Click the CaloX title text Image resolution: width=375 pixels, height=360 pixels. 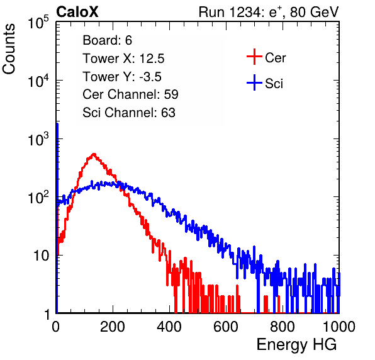pyautogui.click(x=77, y=12)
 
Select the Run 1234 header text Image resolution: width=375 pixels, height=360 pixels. pyautogui.click(x=269, y=12)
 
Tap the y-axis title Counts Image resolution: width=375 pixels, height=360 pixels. pyautogui.click(x=9, y=49)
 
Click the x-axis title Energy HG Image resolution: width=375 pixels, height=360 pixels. pyautogui.click(x=296, y=345)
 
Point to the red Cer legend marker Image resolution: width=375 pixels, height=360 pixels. pyautogui.click(x=254, y=57)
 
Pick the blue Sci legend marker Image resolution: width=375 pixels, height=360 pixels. pyautogui.click(x=254, y=83)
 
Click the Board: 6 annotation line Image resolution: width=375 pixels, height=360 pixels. pyautogui.click(x=107, y=40)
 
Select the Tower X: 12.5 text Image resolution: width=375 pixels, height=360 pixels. pyautogui.click(x=123, y=59)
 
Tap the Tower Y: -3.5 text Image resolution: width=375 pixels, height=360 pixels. pyautogui.click(x=122, y=77)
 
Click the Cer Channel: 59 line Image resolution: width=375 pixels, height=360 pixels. pyautogui.click(x=130, y=94)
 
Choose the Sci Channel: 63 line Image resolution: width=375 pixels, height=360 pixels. pyautogui.click(x=129, y=113)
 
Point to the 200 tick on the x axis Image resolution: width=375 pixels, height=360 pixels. pyautogui.click(x=113, y=327)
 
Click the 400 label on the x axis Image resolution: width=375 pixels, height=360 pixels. pyautogui.click(x=169, y=327)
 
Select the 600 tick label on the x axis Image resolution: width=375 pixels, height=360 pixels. pyautogui.click(x=226, y=327)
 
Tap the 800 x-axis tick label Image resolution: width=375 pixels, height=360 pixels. pyautogui.click(x=283, y=327)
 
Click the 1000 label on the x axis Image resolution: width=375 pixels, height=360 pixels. pyautogui.click(x=339, y=327)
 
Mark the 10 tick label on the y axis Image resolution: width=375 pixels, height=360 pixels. pyautogui.click(x=42, y=256)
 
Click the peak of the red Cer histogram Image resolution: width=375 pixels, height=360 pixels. pyautogui.click(x=94, y=154)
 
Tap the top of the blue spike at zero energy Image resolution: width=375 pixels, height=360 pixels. pyautogui.click(x=57, y=123)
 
